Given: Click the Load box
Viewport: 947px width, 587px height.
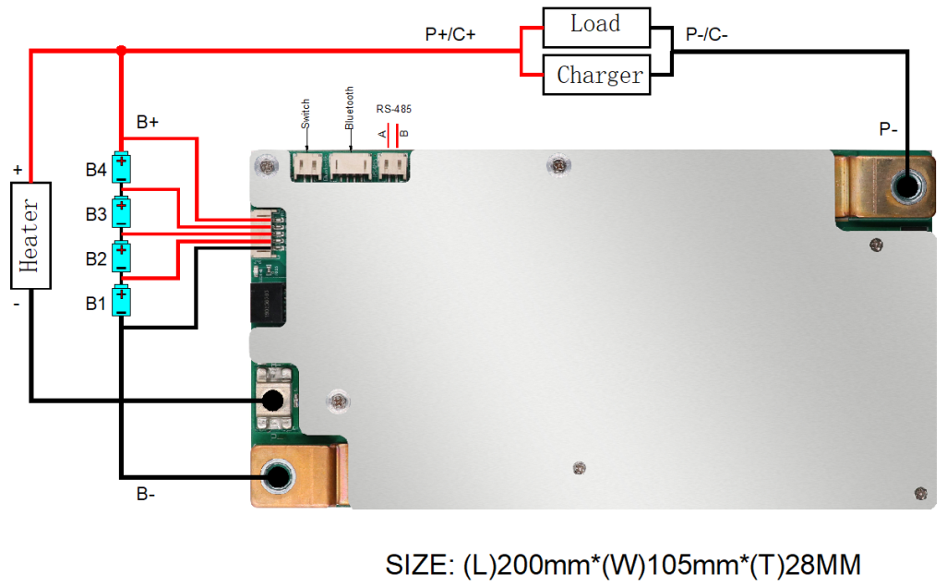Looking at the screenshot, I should pos(594,26).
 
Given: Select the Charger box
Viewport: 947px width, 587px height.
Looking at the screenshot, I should pos(599,74).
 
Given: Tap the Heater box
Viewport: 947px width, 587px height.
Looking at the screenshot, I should pos(30,235).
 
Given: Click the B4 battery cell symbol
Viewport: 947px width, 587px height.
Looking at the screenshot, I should pos(121,168).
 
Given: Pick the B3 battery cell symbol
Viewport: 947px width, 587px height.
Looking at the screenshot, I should pos(121,212).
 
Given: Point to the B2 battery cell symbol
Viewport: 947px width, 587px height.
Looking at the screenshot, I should pos(121,256).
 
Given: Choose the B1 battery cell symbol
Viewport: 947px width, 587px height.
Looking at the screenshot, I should pos(121,301).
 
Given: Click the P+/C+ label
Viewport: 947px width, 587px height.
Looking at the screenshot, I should pos(450,34).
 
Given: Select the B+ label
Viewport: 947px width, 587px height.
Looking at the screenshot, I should pos(148,122).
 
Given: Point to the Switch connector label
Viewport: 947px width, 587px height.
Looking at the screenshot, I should pos(306,114).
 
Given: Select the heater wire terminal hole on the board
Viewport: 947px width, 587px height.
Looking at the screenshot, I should pos(272,401).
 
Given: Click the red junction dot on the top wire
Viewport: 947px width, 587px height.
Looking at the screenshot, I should pos(121,50).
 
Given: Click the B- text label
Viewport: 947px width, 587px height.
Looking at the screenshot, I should pos(146,495).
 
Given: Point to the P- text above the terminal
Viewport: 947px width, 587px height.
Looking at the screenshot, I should pos(888,130).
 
